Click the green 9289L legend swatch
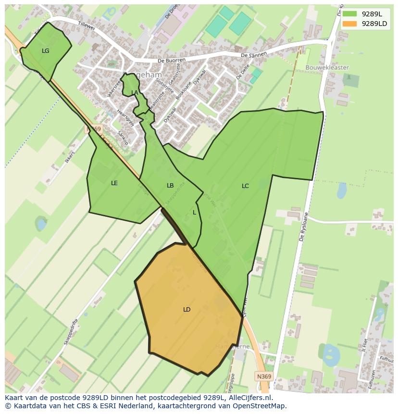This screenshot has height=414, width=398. point(350,14)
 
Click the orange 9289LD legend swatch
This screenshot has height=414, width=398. point(350,24)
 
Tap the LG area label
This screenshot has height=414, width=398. point(46,50)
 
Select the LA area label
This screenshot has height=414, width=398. point(135,92)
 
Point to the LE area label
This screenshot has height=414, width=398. point(114,183)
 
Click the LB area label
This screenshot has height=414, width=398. point(170,185)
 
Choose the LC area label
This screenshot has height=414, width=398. point(245,186)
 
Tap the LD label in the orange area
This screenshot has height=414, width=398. point(187,309)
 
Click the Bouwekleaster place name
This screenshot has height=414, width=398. point(327,68)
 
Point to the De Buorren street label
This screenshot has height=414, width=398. point(172,61)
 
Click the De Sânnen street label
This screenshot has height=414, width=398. point(253,54)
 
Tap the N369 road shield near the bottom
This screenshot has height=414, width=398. point(263,376)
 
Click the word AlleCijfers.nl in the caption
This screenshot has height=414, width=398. point(250,398)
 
